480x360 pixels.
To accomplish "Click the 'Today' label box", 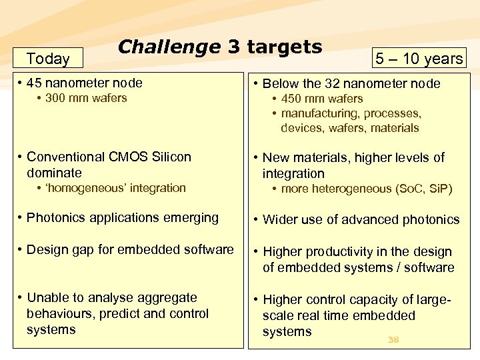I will (x=48, y=59).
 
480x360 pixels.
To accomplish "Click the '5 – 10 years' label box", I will (x=419, y=59).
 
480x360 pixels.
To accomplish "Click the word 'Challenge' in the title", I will (x=169, y=47).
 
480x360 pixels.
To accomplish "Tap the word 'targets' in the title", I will (x=285, y=47).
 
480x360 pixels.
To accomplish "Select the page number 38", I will (x=393, y=340).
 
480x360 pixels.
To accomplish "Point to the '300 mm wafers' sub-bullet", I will (x=86, y=99).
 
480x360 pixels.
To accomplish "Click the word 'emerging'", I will (x=193, y=218).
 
